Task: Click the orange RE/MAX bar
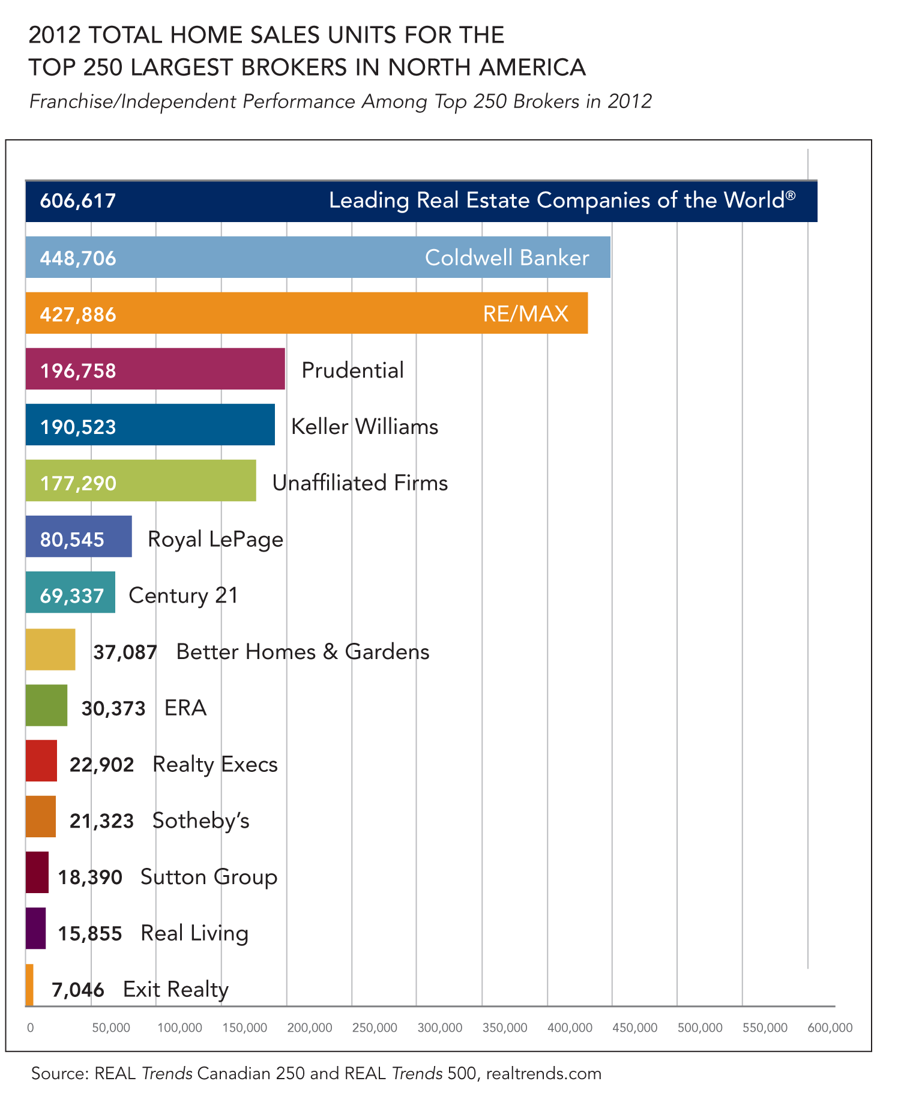point(306,313)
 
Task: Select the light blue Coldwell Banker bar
point(318,257)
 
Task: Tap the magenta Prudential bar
point(155,369)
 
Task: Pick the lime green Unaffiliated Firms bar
point(140,481)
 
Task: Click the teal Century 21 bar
point(70,593)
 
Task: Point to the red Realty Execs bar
point(41,761)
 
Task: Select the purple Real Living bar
point(36,929)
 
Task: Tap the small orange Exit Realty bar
point(29,985)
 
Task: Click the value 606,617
point(78,200)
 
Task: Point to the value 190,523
point(78,427)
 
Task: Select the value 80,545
point(72,540)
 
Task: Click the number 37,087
point(125,652)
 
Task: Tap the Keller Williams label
point(364,427)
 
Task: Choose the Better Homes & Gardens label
point(303,652)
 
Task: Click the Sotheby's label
point(201,820)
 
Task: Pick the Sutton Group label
point(209,877)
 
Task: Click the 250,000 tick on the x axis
point(375,1028)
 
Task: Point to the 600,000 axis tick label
point(830,1028)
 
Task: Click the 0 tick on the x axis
point(31,1028)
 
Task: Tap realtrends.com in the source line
point(543,1073)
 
